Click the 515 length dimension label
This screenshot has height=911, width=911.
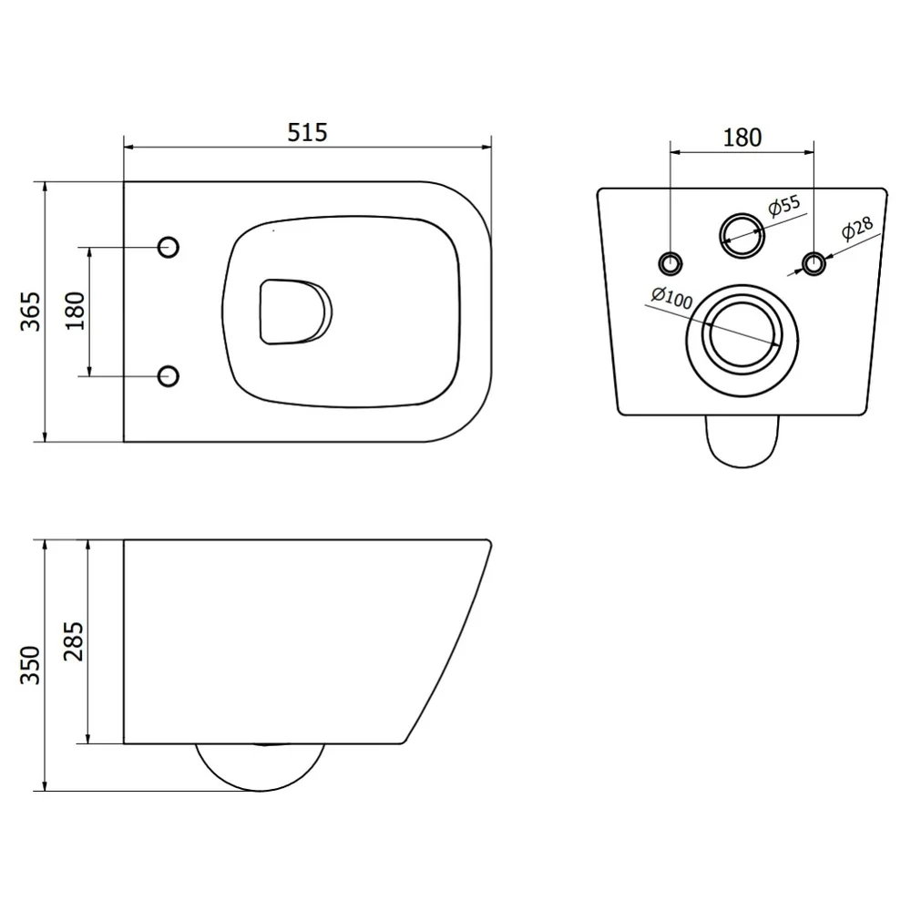[307, 132]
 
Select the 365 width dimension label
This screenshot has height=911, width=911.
[31, 312]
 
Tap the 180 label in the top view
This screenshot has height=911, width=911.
[75, 311]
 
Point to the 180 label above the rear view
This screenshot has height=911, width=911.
[742, 138]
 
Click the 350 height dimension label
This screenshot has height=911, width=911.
[31, 665]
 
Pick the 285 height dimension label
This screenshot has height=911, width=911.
[74, 641]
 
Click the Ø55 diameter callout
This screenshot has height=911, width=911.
[783, 205]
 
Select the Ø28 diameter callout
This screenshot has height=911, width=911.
[857, 228]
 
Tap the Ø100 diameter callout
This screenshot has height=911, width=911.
[672, 298]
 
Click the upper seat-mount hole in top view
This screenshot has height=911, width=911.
[169, 248]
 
